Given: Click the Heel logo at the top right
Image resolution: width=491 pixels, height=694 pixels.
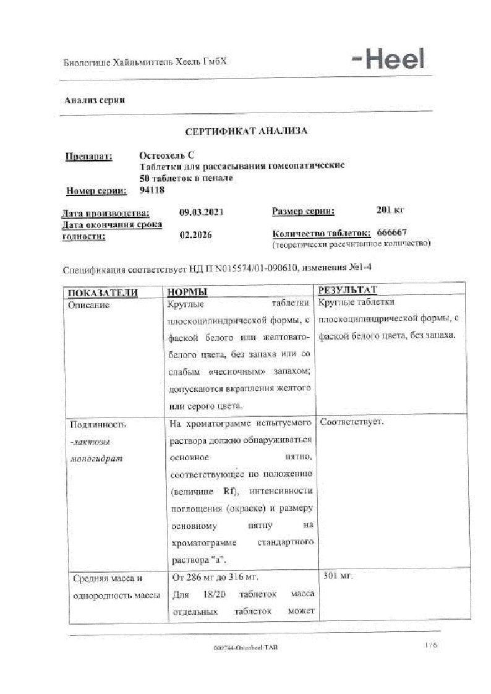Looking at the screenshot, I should tap(388, 60).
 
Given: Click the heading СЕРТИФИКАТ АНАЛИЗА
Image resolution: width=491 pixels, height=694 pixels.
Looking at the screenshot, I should tap(247, 131).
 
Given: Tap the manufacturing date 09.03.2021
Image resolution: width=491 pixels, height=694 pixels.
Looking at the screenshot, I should tap(201, 212).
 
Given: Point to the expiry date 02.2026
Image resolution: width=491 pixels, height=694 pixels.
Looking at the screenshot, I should tap(193, 235).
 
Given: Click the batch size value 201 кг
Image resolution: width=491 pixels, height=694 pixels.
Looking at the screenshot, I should tap(390, 210).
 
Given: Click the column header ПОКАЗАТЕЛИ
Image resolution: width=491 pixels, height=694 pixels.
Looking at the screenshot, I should tap(103, 293).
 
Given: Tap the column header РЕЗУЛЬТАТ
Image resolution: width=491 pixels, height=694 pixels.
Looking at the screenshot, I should tap(347, 290).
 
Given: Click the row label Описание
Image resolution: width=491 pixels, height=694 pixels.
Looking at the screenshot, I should tap(90, 306).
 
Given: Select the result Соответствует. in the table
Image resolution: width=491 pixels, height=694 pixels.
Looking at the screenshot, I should tap(352, 422).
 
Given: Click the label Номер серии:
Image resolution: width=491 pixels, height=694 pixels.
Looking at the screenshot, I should tap(96, 191).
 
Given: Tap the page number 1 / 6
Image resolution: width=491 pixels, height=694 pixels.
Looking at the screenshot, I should tap(430, 645).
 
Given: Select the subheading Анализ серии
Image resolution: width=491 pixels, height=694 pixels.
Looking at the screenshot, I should tap(95, 100).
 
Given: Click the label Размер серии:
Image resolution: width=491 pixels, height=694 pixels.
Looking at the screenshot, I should tap(303, 212).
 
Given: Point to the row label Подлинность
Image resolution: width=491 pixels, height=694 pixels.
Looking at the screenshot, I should tap(98, 425).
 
